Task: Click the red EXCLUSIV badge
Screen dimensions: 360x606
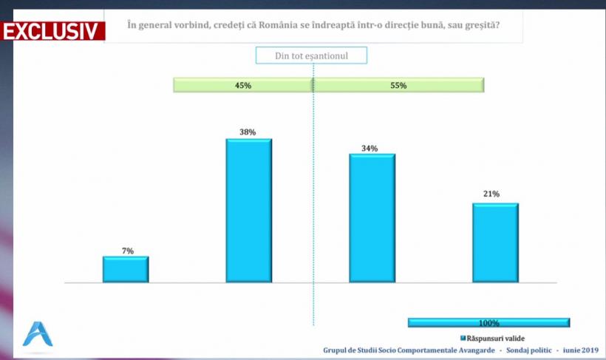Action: [x=52, y=32]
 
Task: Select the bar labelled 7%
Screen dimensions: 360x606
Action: [x=126, y=269]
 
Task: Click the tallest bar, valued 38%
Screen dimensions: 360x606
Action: [x=248, y=211]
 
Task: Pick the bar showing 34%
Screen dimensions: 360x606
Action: [x=372, y=218]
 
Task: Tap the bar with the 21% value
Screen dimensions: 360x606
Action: [x=495, y=242]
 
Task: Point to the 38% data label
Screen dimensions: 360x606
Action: [x=248, y=132]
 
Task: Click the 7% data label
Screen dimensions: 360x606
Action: [x=128, y=251]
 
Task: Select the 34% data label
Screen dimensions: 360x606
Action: [x=370, y=149]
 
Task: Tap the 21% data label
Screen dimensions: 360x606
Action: [x=491, y=194]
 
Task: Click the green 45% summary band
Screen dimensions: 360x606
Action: [x=243, y=86]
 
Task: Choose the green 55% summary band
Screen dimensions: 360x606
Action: [x=398, y=86]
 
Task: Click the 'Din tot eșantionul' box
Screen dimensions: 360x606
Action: [x=311, y=55]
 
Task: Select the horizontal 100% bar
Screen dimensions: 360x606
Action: [x=488, y=322]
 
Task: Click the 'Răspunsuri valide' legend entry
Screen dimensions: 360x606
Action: [x=492, y=338]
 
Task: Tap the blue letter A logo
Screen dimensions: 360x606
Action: [x=36, y=334]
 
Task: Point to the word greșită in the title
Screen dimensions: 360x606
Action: [x=479, y=27]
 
